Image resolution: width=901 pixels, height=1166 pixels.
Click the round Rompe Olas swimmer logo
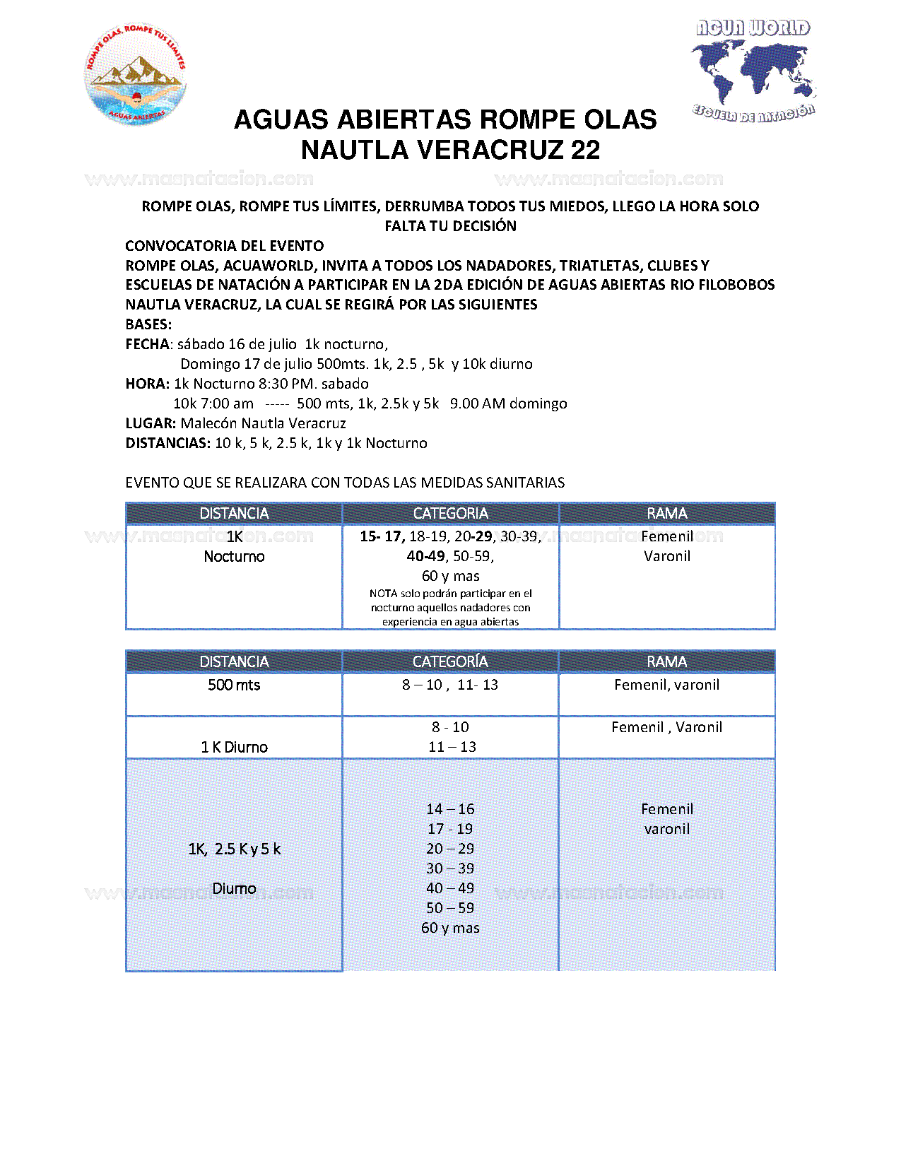[136, 75]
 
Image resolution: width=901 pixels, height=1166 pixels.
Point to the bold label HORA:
[147, 384]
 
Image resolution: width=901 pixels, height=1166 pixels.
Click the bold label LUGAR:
[151, 423]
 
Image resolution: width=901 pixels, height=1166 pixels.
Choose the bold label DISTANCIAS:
[167, 443]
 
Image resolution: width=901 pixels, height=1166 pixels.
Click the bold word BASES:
[148, 324]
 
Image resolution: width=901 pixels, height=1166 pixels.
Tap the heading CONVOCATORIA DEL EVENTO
[224, 246]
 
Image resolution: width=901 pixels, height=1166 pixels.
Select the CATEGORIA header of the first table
[450, 513]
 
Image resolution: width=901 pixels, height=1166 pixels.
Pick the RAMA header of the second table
[666, 661]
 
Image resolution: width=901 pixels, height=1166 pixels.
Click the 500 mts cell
[234, 685]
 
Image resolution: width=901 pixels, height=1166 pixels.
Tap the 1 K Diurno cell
[234, 747]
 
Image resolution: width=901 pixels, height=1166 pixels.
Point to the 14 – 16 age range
[450, 809]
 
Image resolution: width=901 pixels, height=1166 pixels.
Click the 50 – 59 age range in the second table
[450, 908]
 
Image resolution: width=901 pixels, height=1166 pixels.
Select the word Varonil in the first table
[666, 556]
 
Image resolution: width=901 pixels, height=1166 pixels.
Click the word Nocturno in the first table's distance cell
[234, 556]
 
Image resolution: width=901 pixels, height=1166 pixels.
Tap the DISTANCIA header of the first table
[234, 513]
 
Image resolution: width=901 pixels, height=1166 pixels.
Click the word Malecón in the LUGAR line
[208, 423]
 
